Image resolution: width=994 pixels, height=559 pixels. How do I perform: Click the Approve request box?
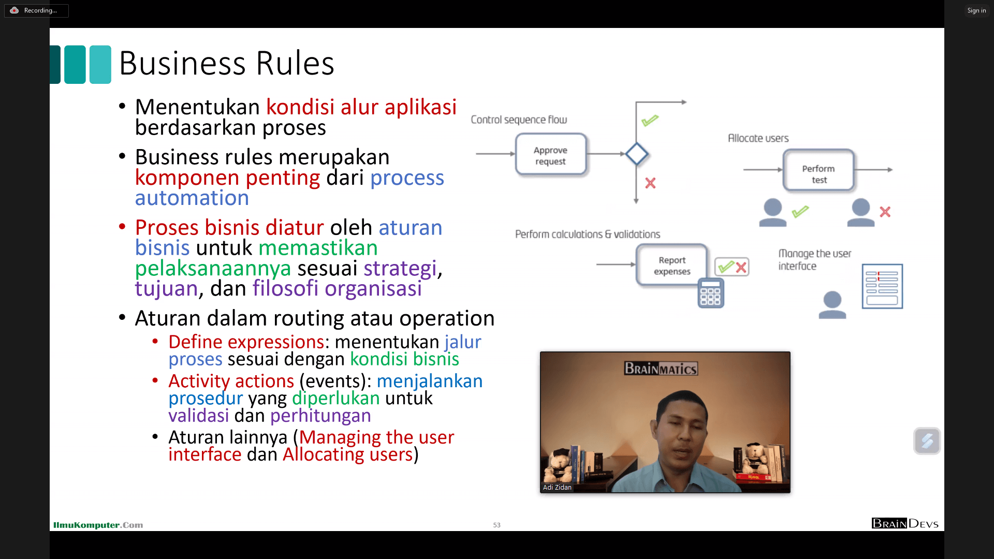(551, 155)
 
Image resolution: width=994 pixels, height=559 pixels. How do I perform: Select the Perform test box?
(818, 170)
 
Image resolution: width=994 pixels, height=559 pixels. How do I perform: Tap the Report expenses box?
(671, 265)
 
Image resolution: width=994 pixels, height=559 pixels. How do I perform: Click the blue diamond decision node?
(636, 154)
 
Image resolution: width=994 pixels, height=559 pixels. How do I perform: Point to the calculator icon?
(710, 293)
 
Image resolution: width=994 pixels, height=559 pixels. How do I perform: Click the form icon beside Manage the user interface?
(882, 286)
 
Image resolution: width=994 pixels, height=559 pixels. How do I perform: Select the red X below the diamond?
(650, 183)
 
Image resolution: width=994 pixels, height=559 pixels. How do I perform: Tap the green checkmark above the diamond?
(650, 121)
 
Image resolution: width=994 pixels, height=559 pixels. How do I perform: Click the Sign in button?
(976, 10)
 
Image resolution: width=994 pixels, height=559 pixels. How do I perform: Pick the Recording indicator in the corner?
(36, 10)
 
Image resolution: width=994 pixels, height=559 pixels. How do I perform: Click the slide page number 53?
(496, 525)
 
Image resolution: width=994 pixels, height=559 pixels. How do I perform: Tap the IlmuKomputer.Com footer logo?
(98, 525)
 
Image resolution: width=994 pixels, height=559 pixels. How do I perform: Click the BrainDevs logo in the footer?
(905, 523)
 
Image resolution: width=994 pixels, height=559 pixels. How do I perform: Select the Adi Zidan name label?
(557, 487)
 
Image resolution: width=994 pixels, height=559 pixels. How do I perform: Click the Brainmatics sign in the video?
(661, 369)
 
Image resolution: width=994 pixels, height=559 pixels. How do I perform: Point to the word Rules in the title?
(295, 64)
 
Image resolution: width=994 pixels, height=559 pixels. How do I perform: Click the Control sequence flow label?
(519, 120)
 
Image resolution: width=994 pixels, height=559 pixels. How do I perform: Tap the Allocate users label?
(758, 138)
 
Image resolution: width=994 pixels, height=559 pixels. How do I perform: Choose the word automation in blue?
(192, 198)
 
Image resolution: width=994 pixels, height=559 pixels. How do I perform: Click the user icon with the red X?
(860, 212)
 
